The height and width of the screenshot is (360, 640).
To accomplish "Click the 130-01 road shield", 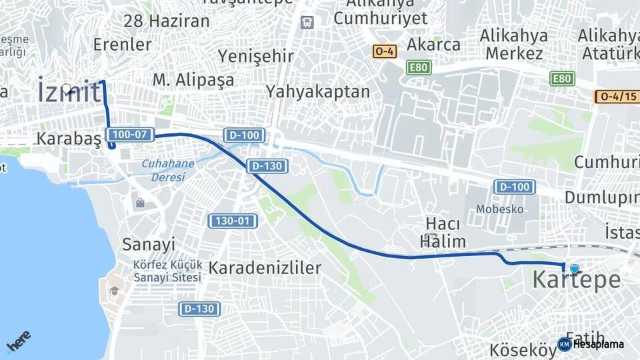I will coord(232,221).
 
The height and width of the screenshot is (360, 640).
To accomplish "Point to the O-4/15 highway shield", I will coord(617,97).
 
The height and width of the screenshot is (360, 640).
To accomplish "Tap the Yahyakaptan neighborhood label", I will coord(317,91).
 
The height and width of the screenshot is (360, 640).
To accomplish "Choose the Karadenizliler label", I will coord(265,268).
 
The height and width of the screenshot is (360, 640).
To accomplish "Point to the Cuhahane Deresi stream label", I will coord(167,169).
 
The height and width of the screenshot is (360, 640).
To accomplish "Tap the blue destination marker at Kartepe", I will coord(574,269).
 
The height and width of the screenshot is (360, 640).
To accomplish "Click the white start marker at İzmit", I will coord(66,88).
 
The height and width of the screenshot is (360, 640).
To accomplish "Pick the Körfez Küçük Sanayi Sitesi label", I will coord(167,271).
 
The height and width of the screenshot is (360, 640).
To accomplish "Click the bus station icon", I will coord(307,22).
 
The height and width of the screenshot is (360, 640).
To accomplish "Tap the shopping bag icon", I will coord(140,203).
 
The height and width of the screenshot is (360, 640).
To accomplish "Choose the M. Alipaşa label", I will coord(193,80).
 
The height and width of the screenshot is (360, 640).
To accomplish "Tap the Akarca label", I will coord(433,45).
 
